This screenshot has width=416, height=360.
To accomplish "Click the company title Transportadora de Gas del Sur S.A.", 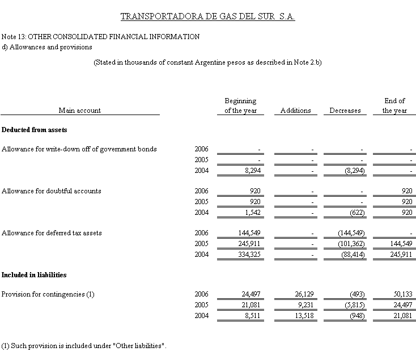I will [208, 16].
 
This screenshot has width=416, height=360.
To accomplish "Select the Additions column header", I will [295, 111].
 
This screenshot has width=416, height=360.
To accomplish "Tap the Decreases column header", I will [345, 111].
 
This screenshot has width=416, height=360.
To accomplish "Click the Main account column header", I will [79, 111].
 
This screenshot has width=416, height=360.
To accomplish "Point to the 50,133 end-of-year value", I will [401, 294].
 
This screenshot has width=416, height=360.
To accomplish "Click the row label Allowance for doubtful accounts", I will [52, 191].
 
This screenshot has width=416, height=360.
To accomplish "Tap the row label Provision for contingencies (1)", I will [48, 294].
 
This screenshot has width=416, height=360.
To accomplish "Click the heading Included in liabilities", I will [34, 275].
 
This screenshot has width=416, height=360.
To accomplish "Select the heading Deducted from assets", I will [35, 130].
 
